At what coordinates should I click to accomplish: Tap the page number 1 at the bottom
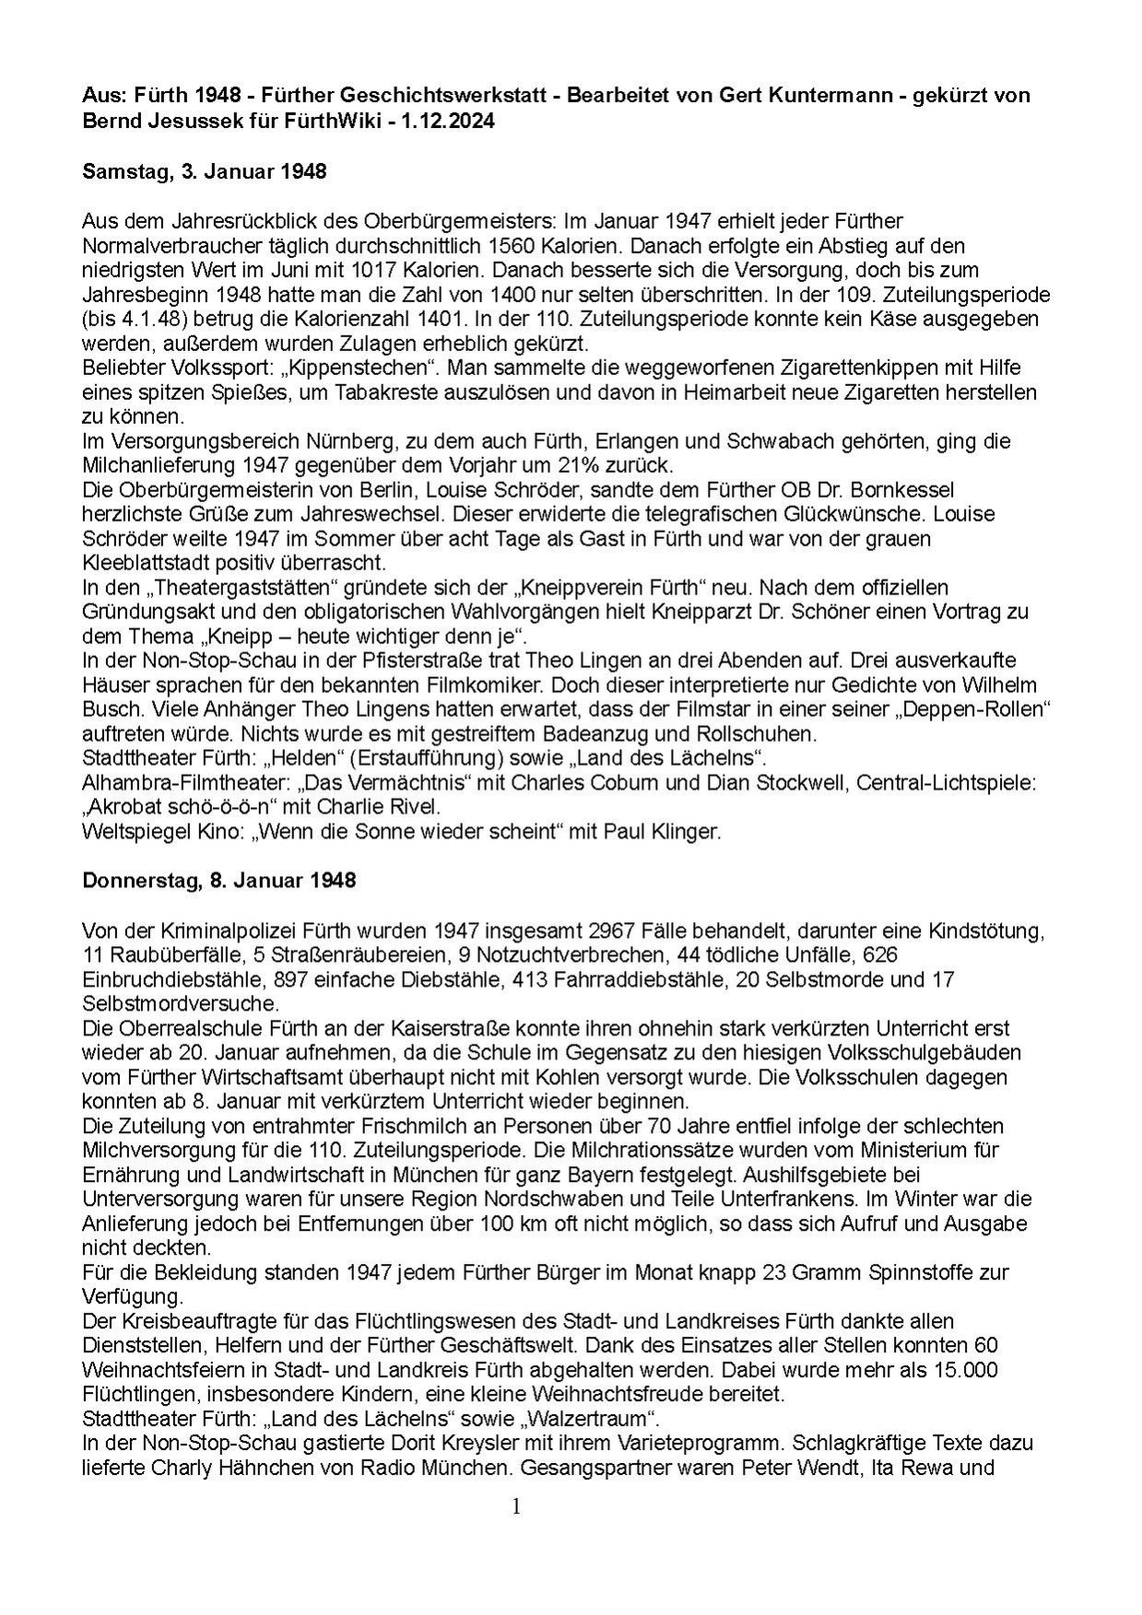(516, 1506)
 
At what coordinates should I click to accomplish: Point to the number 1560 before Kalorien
(512, 246)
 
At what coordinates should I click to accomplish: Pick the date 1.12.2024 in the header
(450, 121)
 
